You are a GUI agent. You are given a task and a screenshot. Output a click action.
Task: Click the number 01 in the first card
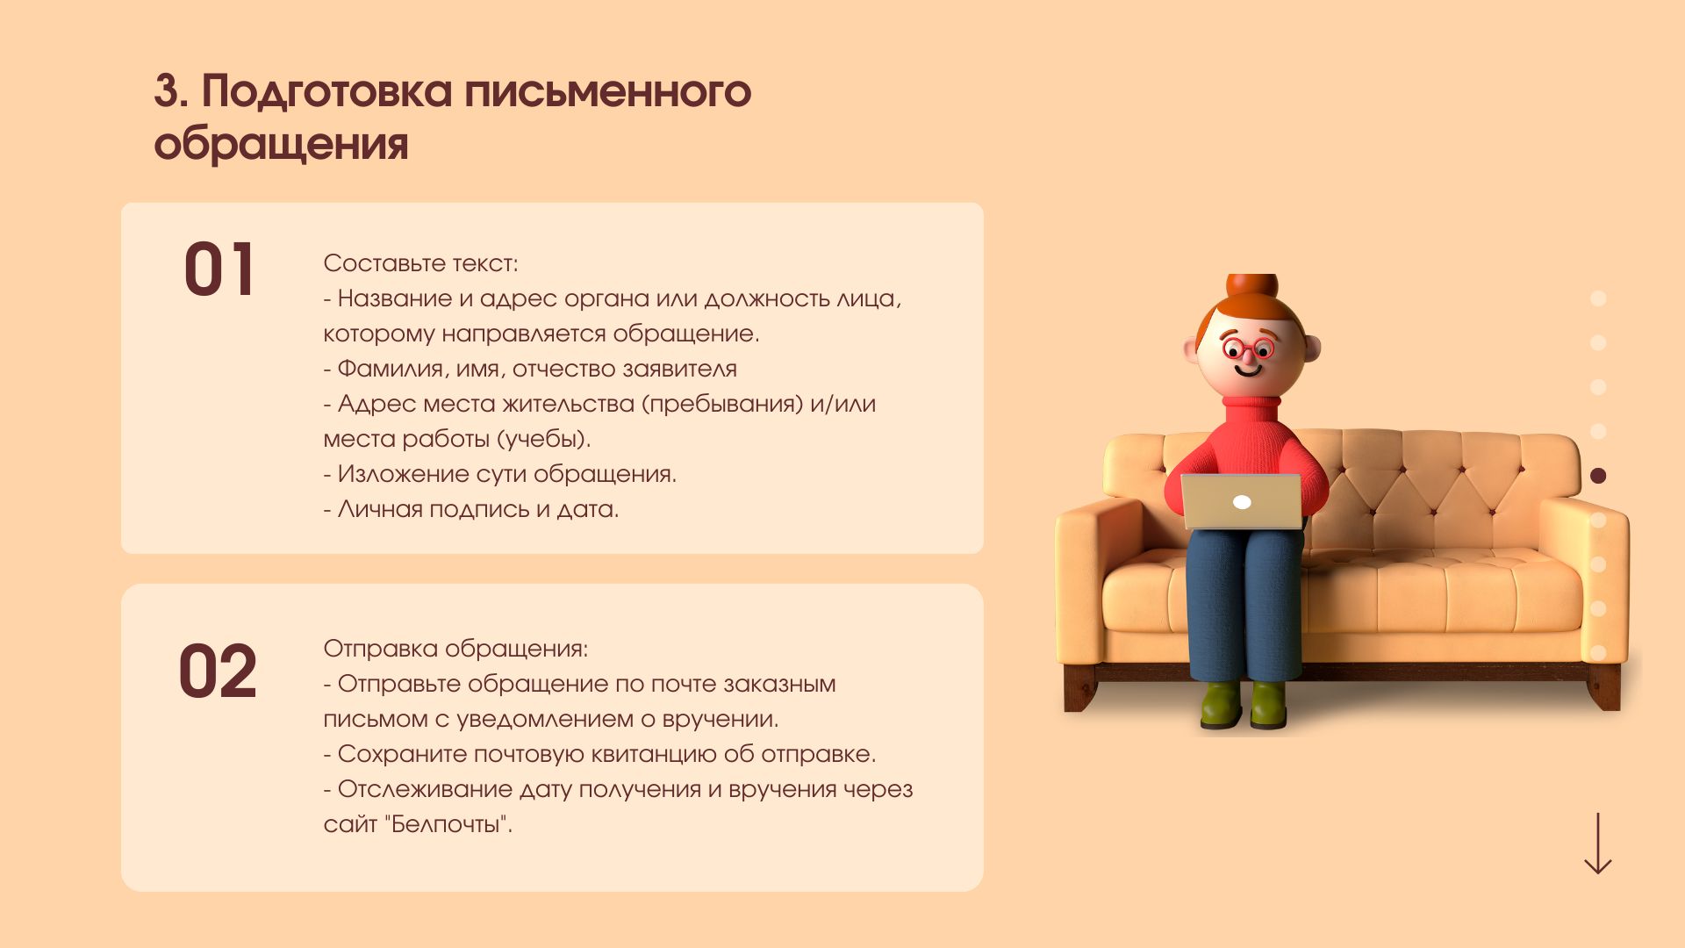click(219, 269)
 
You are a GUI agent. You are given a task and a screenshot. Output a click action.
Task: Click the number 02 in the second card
click(218, 671)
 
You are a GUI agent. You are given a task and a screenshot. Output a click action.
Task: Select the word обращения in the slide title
click(281, 144)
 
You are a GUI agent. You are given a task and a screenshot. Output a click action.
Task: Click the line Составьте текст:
click(420, 263)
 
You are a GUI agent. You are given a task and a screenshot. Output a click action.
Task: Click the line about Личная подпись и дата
click(471, 509)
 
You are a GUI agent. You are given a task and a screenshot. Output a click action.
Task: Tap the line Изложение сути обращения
click(500, 474)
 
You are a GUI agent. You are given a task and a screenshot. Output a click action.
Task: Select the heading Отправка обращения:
click(455, 649)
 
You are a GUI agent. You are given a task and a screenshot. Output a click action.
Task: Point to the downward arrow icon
click(1598, 844)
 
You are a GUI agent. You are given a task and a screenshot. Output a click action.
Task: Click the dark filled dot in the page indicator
click(1598, 476)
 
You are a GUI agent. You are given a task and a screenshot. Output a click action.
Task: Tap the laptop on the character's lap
click(1242, 501)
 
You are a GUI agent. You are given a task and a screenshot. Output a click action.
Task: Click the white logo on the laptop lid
click(1242, 502)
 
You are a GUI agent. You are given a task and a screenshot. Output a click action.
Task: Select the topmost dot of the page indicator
click(1598, 298)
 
